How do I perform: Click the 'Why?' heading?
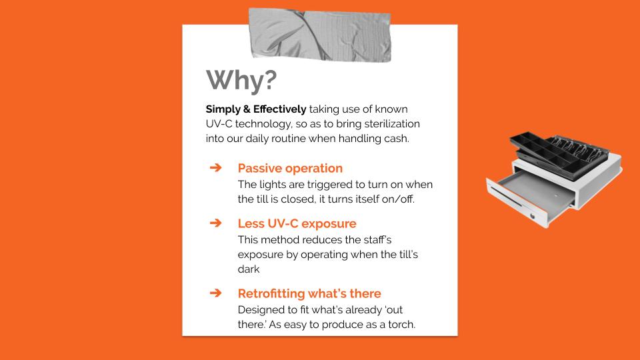[x=241, y=81]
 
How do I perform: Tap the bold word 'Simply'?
[x=223, y=109]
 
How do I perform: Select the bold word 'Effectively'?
[x=279, y=109]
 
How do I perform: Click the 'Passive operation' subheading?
[x=290, y=168]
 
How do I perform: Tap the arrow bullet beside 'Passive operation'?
[x=215, y=167]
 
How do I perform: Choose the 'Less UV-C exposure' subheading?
[x=297, y=224]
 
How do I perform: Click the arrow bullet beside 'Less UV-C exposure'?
[x=215, y=223]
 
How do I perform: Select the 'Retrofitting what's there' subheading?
[x=309, y=293]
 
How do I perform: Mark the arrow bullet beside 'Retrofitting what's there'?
[x=215, y=293]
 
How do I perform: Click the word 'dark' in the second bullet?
[x=249, y=269]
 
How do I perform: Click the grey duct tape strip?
[x=320, y=35]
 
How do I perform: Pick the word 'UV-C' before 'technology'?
[x=219, y=124]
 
